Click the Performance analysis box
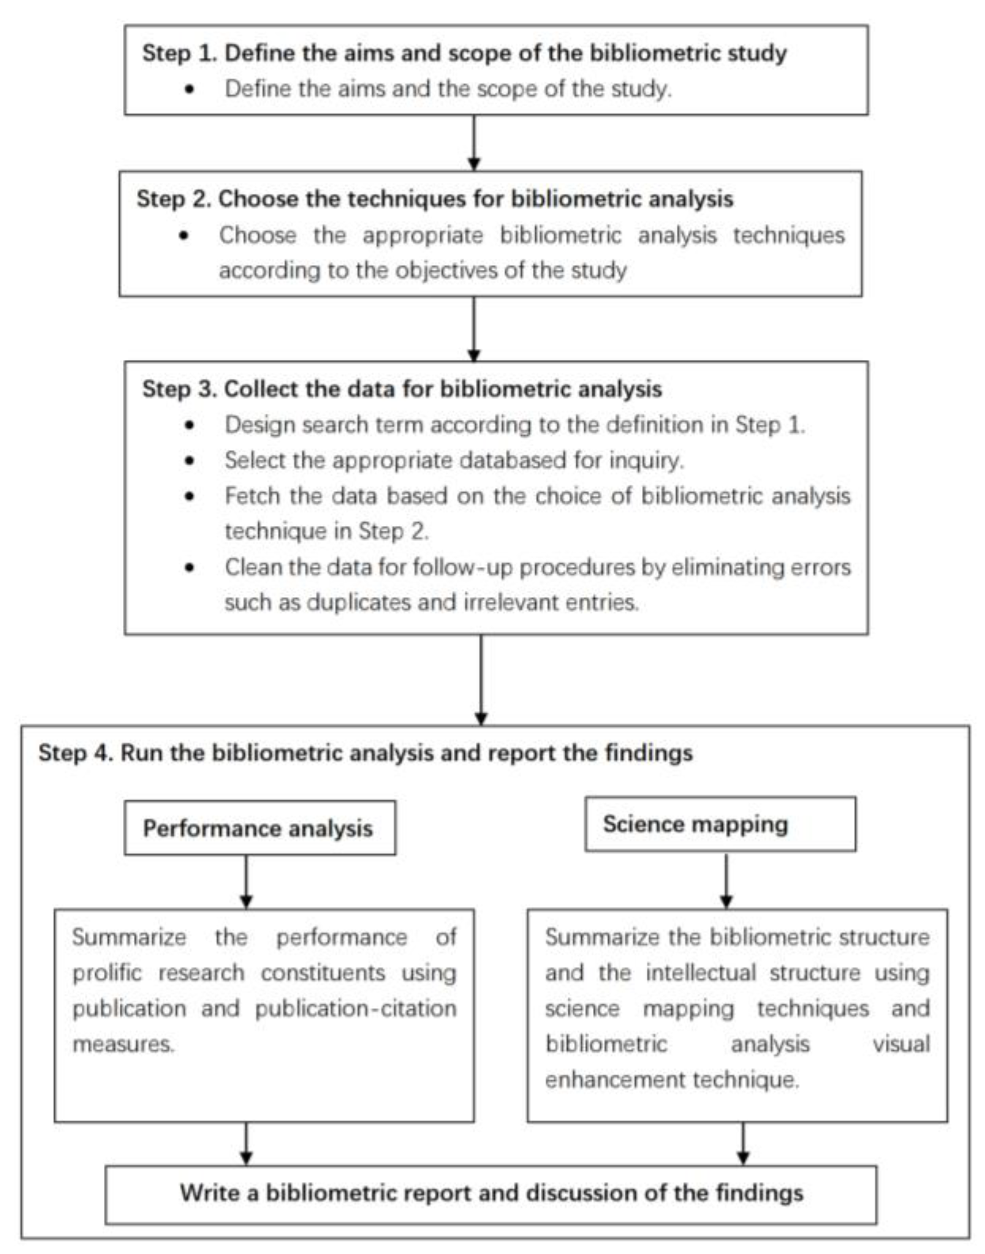[x=259, y=828]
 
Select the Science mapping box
[x=720, y=824]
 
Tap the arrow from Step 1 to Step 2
[x=473, y=142]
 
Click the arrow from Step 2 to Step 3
[x=473, y=329]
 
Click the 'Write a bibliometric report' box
[x=491, y=1193]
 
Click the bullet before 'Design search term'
[x=190, y=425]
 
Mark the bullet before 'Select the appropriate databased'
[x=190, y=461]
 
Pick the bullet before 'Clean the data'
[x=190, y=567]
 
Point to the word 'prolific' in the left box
[x=106, y=973]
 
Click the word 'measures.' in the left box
[x=123, y=1044]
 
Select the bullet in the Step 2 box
[x=184, y=235]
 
